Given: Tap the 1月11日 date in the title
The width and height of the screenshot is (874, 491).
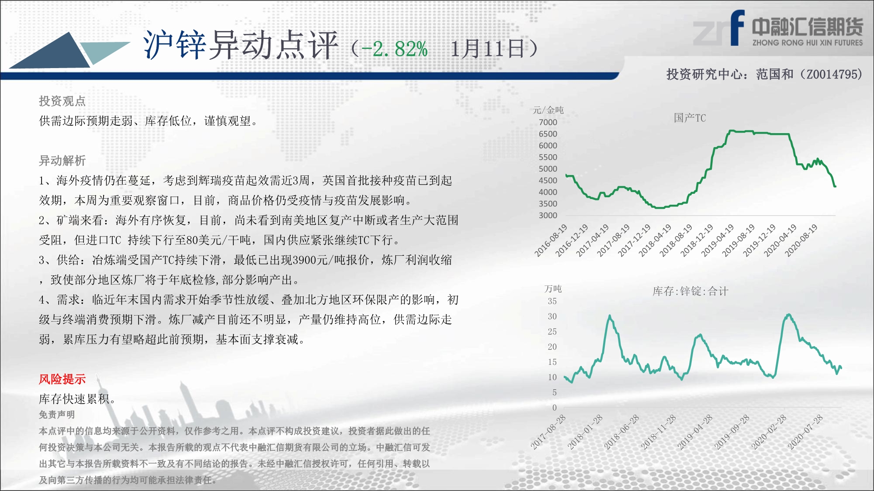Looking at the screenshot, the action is click(487, 48).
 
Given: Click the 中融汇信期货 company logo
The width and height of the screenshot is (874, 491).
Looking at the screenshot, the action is click(778, 29).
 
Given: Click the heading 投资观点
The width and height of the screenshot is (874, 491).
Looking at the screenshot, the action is click(62, 101).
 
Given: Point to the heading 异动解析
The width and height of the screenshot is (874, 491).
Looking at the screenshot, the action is click(62, 161).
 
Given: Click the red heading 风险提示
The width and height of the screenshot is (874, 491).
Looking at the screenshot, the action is click(62, 379).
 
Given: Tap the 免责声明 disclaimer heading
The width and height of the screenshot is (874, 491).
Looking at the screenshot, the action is click(57, 415).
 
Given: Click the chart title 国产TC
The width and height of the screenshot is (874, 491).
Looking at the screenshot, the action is click(690, 118).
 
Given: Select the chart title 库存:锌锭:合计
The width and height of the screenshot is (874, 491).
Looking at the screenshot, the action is click(690, 291).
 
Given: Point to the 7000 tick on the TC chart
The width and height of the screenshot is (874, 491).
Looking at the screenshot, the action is click(548, 122).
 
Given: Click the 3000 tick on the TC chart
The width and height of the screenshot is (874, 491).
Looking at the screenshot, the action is click(548, 215).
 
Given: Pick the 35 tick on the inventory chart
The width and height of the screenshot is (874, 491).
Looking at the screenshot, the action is click(552, 301).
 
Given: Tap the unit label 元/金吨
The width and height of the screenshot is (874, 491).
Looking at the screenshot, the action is click(548, 110).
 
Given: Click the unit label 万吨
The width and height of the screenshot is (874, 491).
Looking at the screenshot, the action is click(553, 288).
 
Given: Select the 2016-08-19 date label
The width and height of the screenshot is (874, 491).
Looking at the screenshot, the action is click(551, 240).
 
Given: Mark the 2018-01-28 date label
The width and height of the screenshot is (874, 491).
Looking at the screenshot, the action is click(585, 432).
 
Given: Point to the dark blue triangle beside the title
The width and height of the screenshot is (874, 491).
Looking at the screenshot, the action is click(52, 52).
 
